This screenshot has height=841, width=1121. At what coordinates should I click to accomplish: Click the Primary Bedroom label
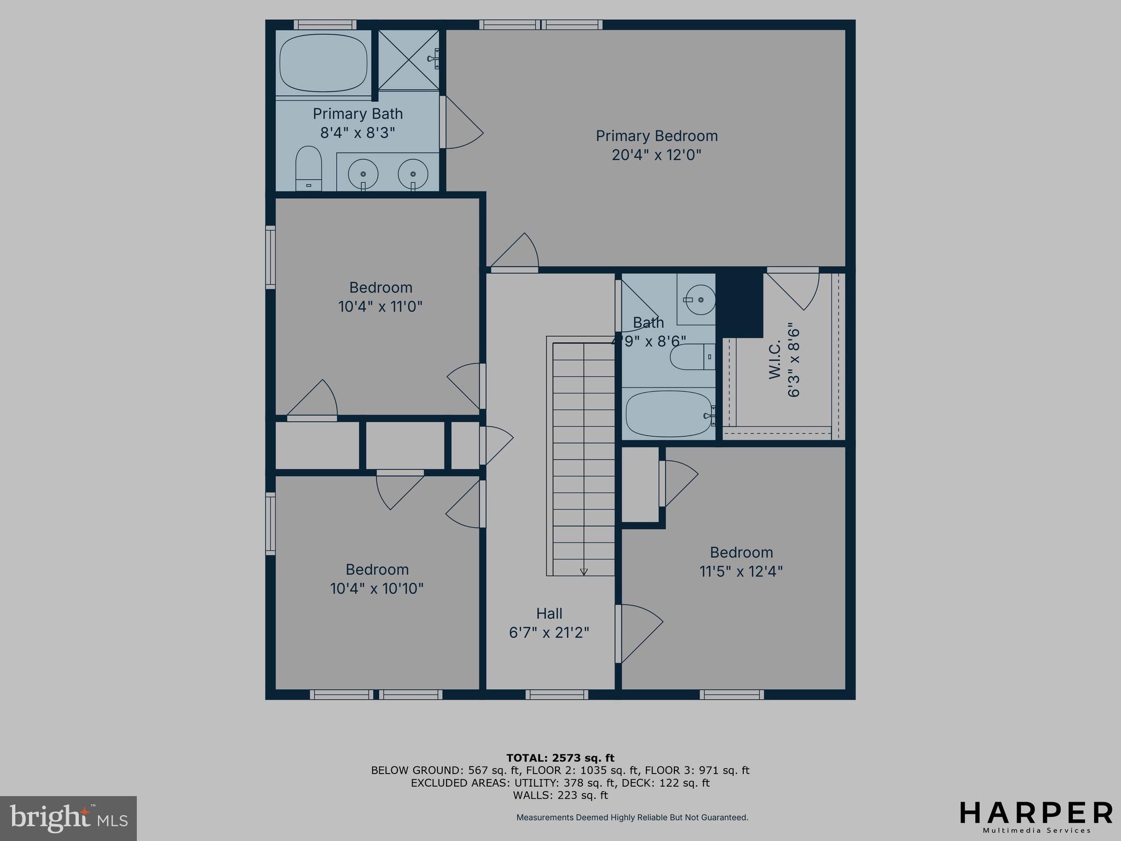click(x=656, y=136)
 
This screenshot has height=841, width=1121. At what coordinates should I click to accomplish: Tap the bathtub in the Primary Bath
click(x=323, y=65)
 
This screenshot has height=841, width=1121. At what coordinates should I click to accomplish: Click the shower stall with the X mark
click(x=408, y=60)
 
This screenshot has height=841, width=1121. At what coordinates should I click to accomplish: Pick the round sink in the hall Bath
click(x=700, y=299)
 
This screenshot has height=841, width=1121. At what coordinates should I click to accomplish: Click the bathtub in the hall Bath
click(x=669, y=413)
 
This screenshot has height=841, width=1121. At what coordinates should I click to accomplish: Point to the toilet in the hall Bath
click(x=691, y=356)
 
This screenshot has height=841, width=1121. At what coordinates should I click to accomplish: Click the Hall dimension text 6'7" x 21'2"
click(x=549, y=632)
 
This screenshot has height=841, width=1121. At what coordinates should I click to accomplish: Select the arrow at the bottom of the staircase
click(x=583, y=571)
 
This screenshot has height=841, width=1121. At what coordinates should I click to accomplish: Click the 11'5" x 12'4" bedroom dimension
click(x=741, y=571)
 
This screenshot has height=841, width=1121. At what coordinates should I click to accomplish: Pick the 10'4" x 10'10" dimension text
click(x=377, y=589)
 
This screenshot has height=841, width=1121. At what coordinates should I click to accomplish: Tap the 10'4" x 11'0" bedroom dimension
click(x=380, y=306)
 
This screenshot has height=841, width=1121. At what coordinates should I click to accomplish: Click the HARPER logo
click(x=1036, y=813)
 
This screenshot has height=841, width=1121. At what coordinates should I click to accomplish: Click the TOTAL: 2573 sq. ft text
click(x=560, y=758)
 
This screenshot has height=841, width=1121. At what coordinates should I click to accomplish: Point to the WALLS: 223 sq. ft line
click(x=560, y=795)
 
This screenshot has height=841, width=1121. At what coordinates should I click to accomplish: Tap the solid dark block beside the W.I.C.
click(x=739, y=304)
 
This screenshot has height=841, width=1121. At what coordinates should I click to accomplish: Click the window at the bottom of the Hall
click(x=557, y=694)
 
